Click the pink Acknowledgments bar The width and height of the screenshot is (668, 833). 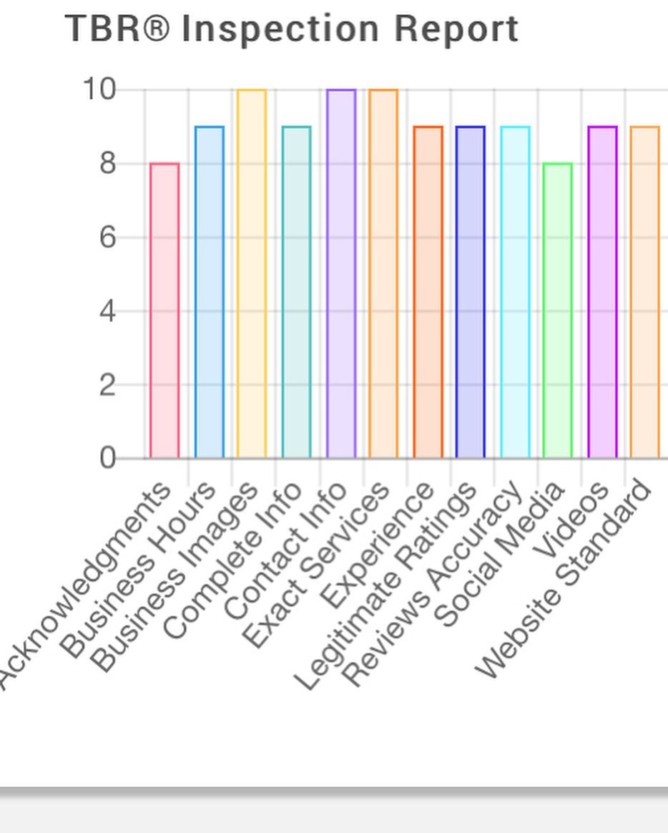(x=164, y=311)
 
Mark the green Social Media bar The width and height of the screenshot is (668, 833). (x=557, y=311)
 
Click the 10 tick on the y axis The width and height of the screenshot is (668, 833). (x=99, y=90)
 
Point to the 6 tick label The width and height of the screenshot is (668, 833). (x=107, y=237)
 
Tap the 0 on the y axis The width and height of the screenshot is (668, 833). (x=107, y=458)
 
